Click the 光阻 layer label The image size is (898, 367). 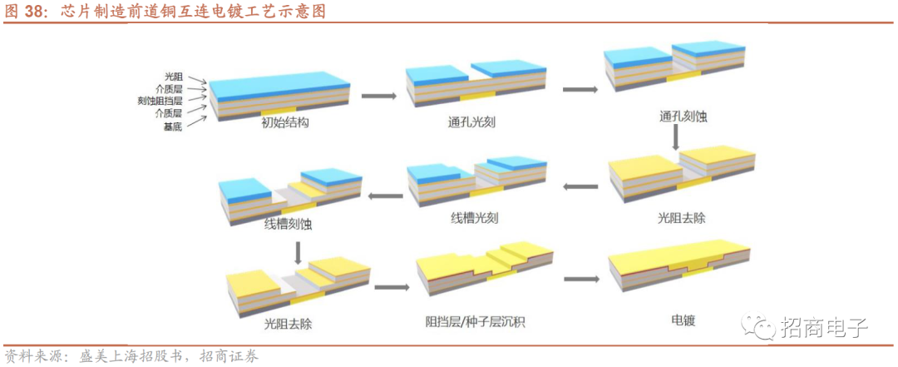tap(173, 77)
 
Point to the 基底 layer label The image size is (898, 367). tap(173, 126)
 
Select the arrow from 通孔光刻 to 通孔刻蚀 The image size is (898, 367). tap(580, 89)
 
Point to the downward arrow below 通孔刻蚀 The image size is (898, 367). tap(676, 138)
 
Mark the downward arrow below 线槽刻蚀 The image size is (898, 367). tap(297, 251)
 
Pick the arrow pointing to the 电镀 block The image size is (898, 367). tap(581, 280)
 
